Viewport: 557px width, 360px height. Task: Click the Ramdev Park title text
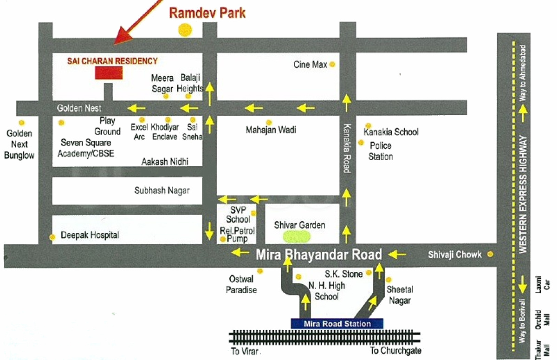pos(207,13)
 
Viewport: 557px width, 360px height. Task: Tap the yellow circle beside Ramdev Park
pos(185,30)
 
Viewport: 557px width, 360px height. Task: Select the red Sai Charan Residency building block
pos(109,73)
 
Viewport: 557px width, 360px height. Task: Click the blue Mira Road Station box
pos(337,324)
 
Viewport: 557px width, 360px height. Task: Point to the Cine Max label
pos(310,65)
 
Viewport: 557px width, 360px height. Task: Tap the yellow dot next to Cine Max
pos(332,65)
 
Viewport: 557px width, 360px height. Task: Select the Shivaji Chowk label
pos(455,255)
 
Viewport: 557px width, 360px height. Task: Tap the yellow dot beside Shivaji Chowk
pos(490,255)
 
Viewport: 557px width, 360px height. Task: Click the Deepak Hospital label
pos(90,235)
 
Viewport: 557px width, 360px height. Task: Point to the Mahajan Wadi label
pos(271,130)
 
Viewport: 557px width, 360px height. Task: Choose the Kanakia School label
pos(391,132)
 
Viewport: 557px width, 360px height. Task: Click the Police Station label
pos(381,151)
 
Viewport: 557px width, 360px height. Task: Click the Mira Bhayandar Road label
pos(319,255)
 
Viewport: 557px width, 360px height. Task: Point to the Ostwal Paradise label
pos(241,284)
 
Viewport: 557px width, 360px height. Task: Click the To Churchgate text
pos(395,351)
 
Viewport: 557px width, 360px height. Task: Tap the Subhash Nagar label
pos(162,190)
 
